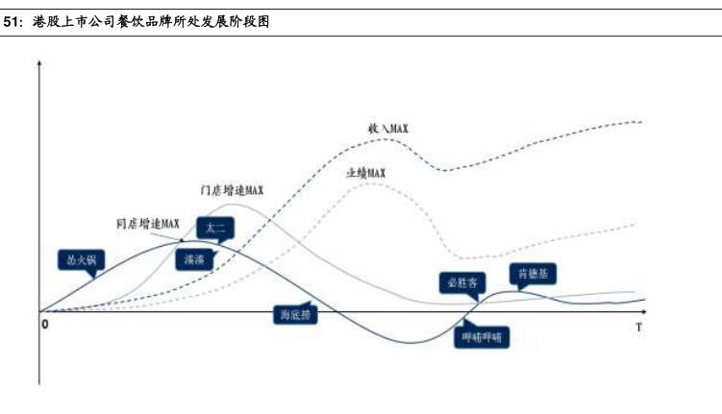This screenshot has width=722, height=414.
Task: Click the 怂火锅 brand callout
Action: tap(83, 258)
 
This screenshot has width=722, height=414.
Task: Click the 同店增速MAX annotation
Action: tap(148, 224)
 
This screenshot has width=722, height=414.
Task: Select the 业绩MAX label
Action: tap(365, 172)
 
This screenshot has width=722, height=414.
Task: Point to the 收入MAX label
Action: tap(390, 128)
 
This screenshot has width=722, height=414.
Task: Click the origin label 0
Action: tap(44, 325)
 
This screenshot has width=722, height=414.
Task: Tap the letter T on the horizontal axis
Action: tap(638, 328)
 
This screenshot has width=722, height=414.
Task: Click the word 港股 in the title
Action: tap(43, 22)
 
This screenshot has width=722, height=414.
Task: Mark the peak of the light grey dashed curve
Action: tap(370, 183)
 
